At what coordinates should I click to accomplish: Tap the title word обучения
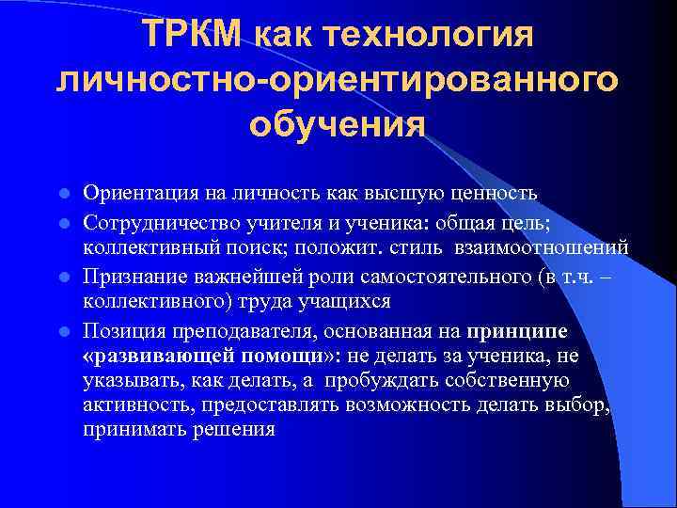pyautogui.click(x=338, y=123)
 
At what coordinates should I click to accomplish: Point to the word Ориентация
pyautogui.click(x=138, y=194)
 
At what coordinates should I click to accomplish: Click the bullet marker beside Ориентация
pyautogui.click(x=64, y=195)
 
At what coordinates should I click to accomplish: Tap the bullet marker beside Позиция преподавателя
pyautogui.click(x=64, y=331)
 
